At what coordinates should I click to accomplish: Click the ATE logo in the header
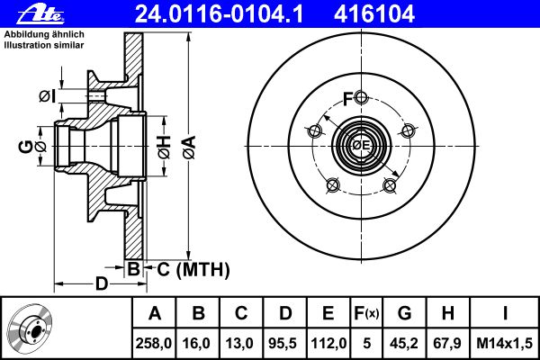pyautogui.click(x=40, y=14)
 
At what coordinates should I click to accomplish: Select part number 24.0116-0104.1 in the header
pyautogui.click(x=219, y=14)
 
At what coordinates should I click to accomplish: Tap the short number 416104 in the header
pyautogui.click(x=374, y=14)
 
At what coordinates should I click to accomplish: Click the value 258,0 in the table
pyautogui.click(x=154, y=343)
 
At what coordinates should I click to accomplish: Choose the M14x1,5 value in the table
pyautogui.click(x=504, y=343)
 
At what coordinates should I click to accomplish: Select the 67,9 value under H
pyautogui.click(x=447, y=343)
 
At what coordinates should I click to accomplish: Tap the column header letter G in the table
pyautogui.click(x=404, y=313)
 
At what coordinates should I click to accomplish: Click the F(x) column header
pyautogui.click(x=366, y=313)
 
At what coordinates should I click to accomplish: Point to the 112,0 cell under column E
pyautogui.click(x=328, y=343)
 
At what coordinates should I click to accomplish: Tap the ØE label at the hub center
pyautogui.click(x=361, y=146)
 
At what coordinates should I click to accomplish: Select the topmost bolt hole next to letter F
pyautogui.click(x=361, y=97)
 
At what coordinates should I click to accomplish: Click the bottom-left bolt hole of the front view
pyautogui.click(x=333, y=185)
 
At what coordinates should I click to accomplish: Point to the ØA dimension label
pyautogui.click(x=189, y=148)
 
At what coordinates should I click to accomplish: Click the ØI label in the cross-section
pyautogui.click(x=47, y=96)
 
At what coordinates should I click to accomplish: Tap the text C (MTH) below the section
pyautogui.click(x=193, y=269)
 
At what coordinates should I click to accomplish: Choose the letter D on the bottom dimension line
pyautogui.click(x=102, y=283)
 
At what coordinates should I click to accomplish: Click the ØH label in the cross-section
pyautogui.click(x=164, y=147)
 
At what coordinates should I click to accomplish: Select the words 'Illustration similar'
pyautogui.click(x=44, y=45)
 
